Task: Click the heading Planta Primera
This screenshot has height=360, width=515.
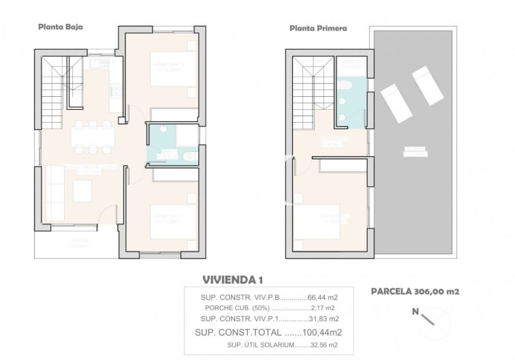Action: pyautogui.click(x=318, y=29)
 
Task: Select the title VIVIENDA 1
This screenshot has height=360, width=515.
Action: pyautogui.click(x=232, y=280)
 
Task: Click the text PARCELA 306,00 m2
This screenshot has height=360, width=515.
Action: pyautogui.click(x=414, y=291)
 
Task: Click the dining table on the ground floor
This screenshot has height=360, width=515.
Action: pyautogui.click(x=91, y=136)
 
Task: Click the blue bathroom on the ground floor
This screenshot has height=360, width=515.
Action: pyautogui.click(x=172, y=145)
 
